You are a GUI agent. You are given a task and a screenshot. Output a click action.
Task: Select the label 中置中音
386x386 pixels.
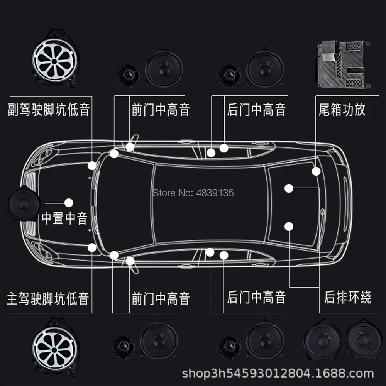point(64,219)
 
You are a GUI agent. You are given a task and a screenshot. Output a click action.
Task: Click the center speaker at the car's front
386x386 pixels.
point(24,203)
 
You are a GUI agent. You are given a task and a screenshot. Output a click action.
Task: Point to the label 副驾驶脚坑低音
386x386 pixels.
point(49,110)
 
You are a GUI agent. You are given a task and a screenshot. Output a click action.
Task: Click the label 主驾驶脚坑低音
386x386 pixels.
point(48,299)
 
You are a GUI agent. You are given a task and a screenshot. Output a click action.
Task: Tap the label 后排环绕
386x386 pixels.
point(347,298)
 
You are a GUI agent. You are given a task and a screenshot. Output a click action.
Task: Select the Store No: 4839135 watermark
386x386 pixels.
point(193,193)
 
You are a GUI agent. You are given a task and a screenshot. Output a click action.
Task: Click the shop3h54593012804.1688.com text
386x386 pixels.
point(278,374)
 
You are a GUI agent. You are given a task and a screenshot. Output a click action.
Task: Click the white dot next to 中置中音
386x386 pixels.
point(69,202)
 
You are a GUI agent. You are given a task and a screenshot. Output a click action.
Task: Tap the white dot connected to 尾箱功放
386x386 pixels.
point(317,171)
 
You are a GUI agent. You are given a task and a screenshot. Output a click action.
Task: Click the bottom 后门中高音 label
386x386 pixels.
point(256,298)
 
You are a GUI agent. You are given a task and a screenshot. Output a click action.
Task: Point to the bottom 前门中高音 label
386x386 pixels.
point(161,299)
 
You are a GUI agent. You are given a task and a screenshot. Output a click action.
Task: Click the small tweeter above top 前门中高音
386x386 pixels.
point(129,73)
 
